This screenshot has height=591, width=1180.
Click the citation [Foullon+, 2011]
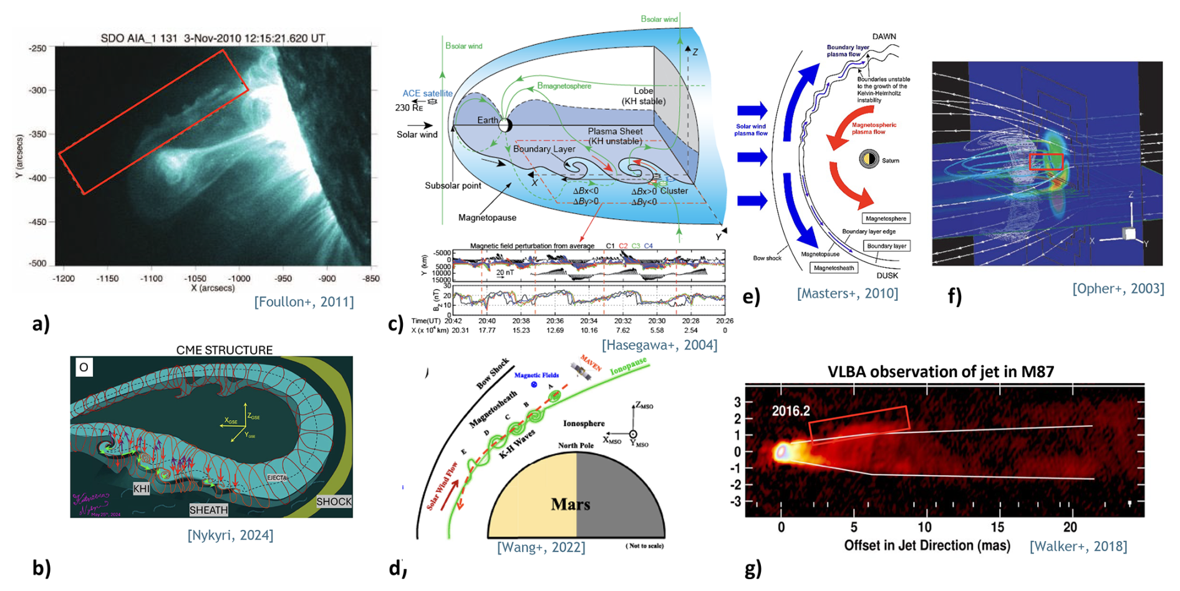click(x=304, y=302)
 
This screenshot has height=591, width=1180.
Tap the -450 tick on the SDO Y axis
click(x=38, y=222)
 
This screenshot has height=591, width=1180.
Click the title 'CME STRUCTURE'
click(x=224, y=349)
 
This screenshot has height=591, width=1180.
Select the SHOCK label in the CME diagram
click(x=334, y=501)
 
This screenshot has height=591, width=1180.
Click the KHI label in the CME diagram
click(x=141, y=489)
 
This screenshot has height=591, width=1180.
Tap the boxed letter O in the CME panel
click(x=84, y=367)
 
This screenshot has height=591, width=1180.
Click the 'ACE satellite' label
click(x=427, y=94)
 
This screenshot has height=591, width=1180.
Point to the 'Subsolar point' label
click(x=452, y=185)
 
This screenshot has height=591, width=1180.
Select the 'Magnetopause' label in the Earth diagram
click(x=487, y=217)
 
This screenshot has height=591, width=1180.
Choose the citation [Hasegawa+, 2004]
click(x=659, y=344)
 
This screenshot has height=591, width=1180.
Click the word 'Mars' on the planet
click(x=571, y=504)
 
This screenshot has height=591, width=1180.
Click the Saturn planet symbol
click(x=869, y=159)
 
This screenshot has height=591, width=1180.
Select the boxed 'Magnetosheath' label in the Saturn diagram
click(x=833, y=268)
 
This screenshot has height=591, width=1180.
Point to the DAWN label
click(x=884, y=36)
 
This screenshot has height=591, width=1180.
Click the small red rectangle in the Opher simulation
click(x=1045, y=162)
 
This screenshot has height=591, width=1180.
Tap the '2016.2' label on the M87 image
click(x=791, y=411)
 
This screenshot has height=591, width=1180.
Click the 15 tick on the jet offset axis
click(x=998, y=527)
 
